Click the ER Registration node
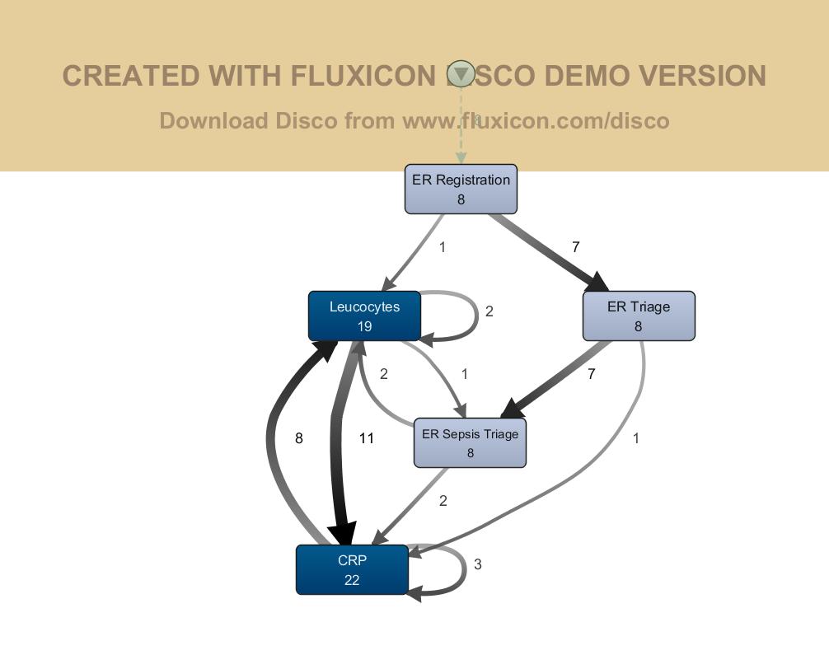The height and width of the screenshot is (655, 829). [x=461, y=189]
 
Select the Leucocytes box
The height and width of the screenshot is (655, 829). [x=364, y=316]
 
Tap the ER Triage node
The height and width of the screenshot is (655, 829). [x=639, y=316]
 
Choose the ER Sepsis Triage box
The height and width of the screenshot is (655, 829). [x=470, y=442]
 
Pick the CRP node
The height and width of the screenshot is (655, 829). [x=352, y=569]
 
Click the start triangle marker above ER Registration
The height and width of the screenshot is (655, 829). [x=461, y=74]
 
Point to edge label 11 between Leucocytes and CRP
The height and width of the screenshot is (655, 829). [x=367, y=438]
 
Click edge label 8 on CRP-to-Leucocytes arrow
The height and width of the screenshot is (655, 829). [x=299, y=438]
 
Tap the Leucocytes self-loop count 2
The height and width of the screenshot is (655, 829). [x=489, y=311]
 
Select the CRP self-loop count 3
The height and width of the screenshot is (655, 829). [x=478, y=564]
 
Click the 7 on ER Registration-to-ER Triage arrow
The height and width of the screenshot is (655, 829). [x=576, y=247]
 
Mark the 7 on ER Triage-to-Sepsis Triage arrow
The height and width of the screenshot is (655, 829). [x=592, y=374]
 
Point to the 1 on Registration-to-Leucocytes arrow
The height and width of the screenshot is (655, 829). [x=443, y=247]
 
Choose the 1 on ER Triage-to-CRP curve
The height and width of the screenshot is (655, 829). [x=636, y=438]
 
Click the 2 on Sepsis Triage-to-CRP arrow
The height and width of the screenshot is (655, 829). [x=443, y=501]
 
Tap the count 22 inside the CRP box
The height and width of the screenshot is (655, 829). [x=352, y=580]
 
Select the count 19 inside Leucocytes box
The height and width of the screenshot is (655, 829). [x=364, y=326]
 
